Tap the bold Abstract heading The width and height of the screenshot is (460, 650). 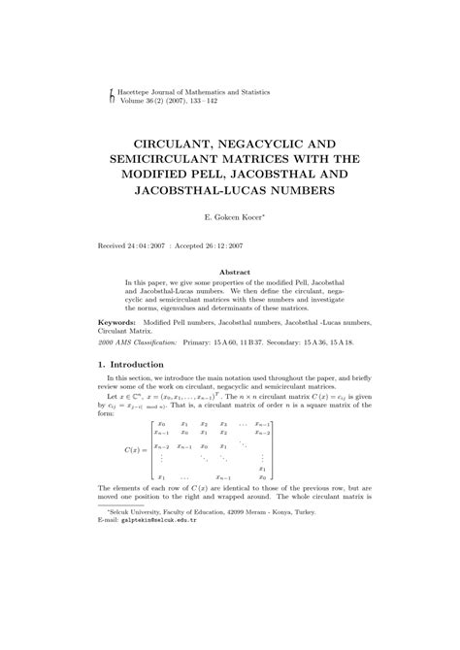pos(230,273)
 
